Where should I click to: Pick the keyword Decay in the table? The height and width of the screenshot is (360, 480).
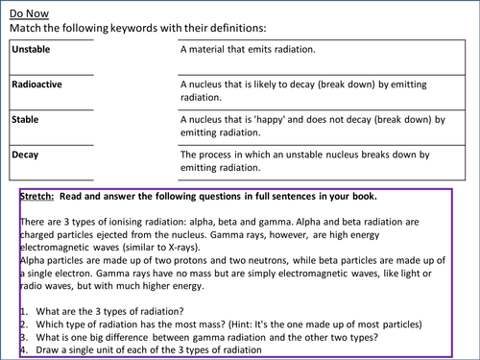26,154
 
